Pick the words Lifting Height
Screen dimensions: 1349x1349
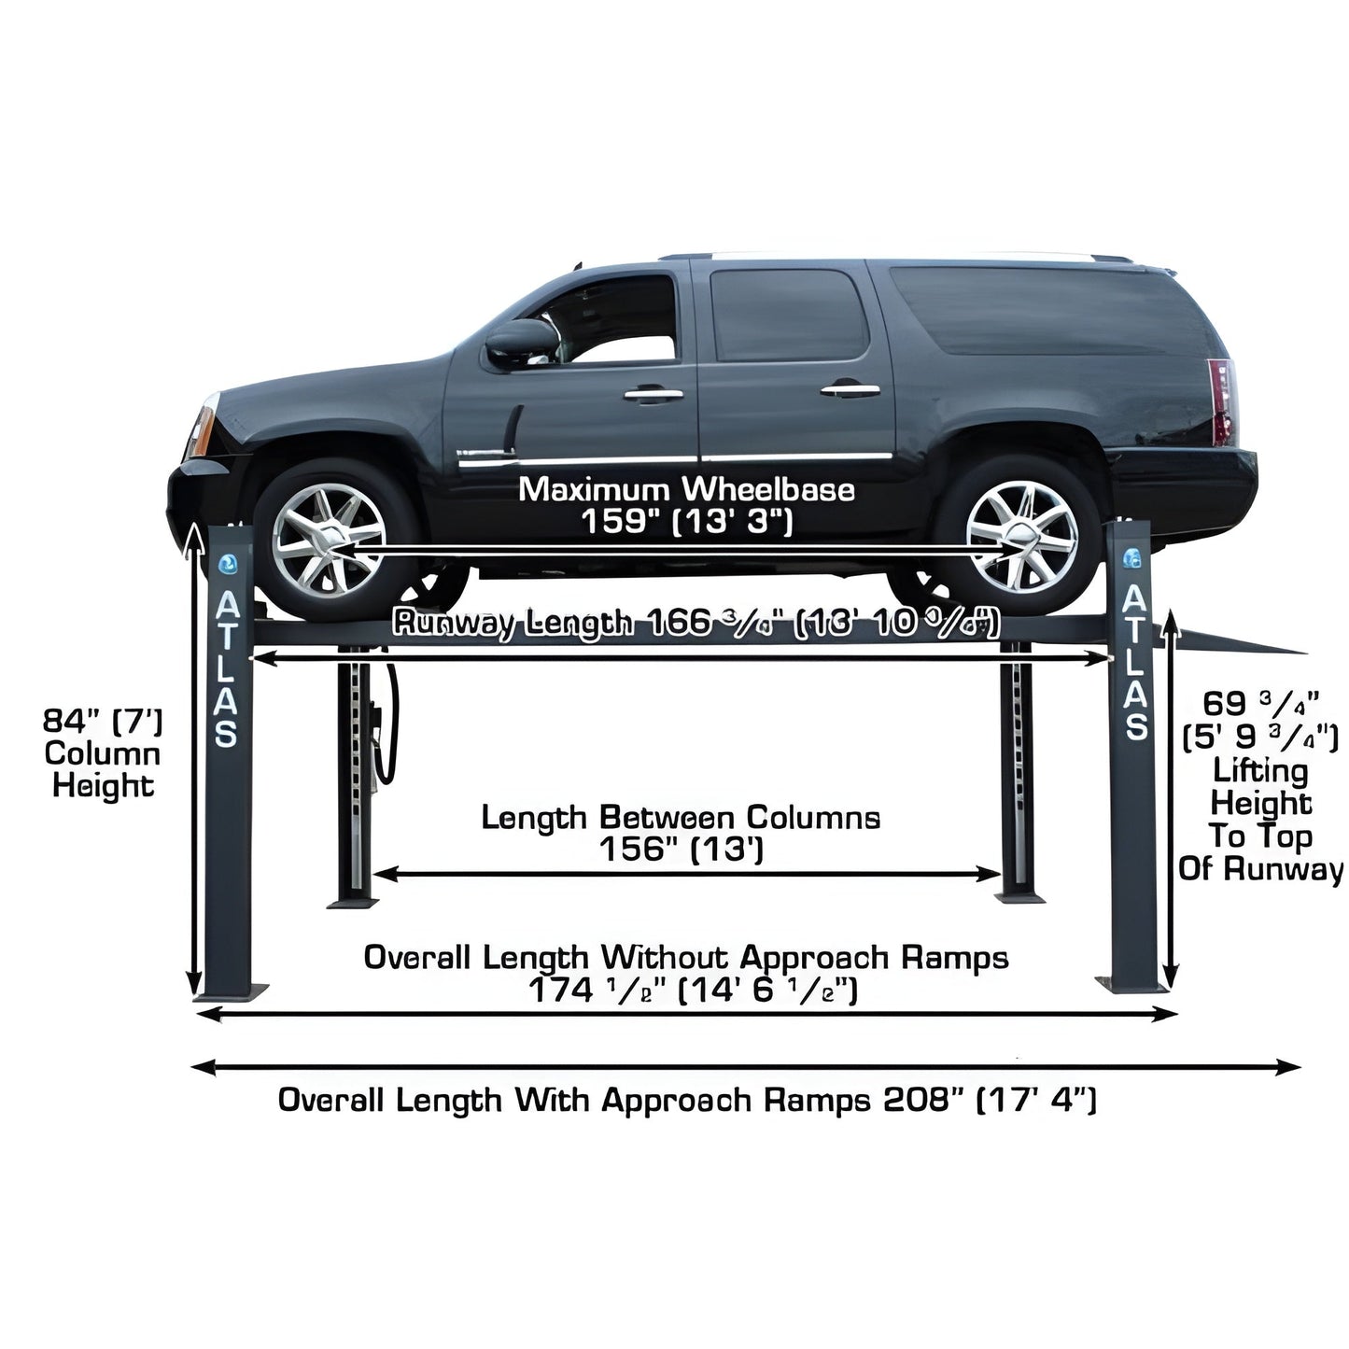coord(1260,787)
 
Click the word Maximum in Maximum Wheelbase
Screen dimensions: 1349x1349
coord(594,489)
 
